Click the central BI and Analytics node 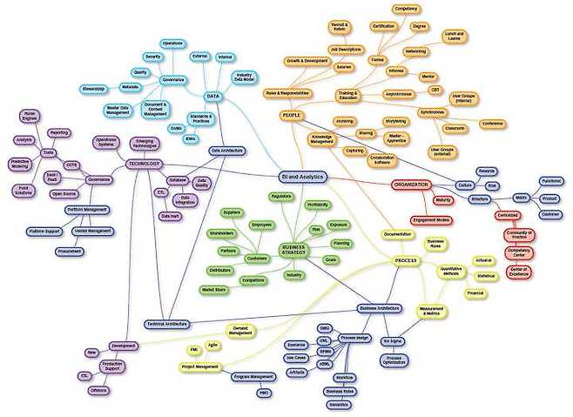(301, 176)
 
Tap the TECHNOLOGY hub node (145, 163)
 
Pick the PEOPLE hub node (292, 115)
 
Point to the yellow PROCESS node (406, 260)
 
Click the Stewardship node (92, 88)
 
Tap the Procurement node (69, 251)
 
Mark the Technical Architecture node (166, 323)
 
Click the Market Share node (214, 289)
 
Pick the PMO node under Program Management (263, 393)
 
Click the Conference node (494, 124)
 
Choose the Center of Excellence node (519, 272)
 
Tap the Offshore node (98, 390)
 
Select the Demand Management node (241, 330)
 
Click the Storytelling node (395, 121)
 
